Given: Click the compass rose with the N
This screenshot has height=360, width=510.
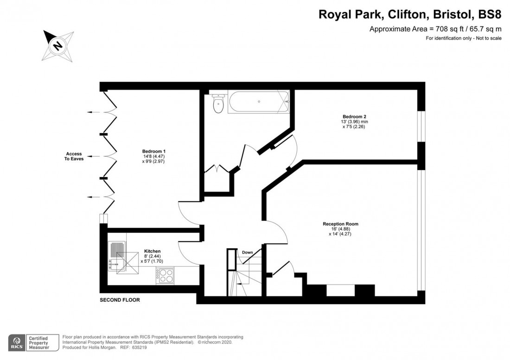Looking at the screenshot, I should coord(57,45).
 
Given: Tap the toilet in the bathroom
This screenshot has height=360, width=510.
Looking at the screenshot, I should coord(218,104).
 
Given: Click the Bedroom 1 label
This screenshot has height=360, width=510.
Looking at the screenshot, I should coord(154,152).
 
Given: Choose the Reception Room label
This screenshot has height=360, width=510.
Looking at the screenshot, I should coord(340,224).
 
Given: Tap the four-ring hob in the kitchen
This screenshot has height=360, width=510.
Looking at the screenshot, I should coord(165,276).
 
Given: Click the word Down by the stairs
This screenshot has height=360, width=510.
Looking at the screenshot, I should coord(247,253).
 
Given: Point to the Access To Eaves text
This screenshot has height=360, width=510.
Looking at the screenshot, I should coord(74,157).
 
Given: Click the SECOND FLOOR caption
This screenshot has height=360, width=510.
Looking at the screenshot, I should coord(120,300).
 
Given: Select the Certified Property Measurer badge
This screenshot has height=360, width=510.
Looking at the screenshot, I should coord(39,342).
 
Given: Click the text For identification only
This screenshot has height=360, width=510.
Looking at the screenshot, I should coord(447,38).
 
